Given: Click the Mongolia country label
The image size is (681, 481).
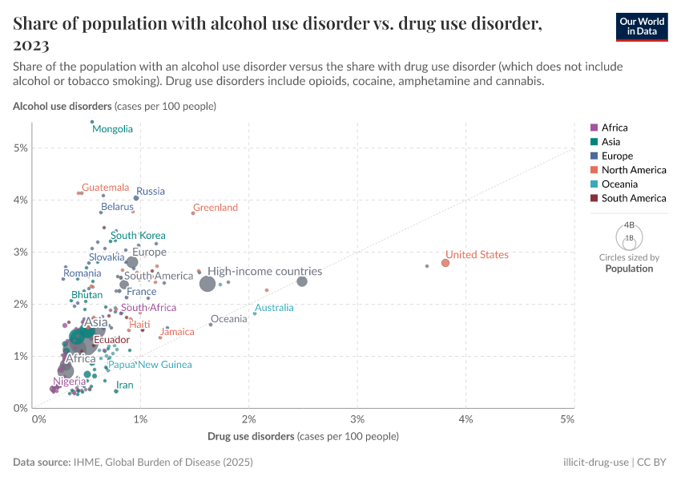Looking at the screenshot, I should [x=112, y=129].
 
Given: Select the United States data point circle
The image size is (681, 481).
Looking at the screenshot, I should [x=445, y=263].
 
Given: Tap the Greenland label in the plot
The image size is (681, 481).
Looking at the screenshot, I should [x=216, y=208].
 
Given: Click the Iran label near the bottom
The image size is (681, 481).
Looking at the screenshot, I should [x=124, y=386].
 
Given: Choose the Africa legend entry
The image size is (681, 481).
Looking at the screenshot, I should [x=615, y=127].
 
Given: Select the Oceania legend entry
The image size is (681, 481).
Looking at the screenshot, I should [x=621, y=184].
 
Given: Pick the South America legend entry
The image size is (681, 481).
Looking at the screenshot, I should [x=633, y=198].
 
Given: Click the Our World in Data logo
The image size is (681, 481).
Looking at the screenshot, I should [x=641, y=26].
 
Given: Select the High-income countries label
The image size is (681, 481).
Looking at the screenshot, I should [x=264, y=272].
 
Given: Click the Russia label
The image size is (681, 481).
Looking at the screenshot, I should [x=151, y=192].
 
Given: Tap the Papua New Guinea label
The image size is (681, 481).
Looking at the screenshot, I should [x=150, y=365].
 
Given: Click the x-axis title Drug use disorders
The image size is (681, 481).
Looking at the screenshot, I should [x=251, y=437].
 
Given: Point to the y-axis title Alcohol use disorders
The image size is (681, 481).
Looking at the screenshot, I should [x=62, y=106].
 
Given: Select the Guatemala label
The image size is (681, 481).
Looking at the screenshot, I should [x=105, y=188].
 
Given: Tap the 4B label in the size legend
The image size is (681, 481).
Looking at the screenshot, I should [x=629, y=225].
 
